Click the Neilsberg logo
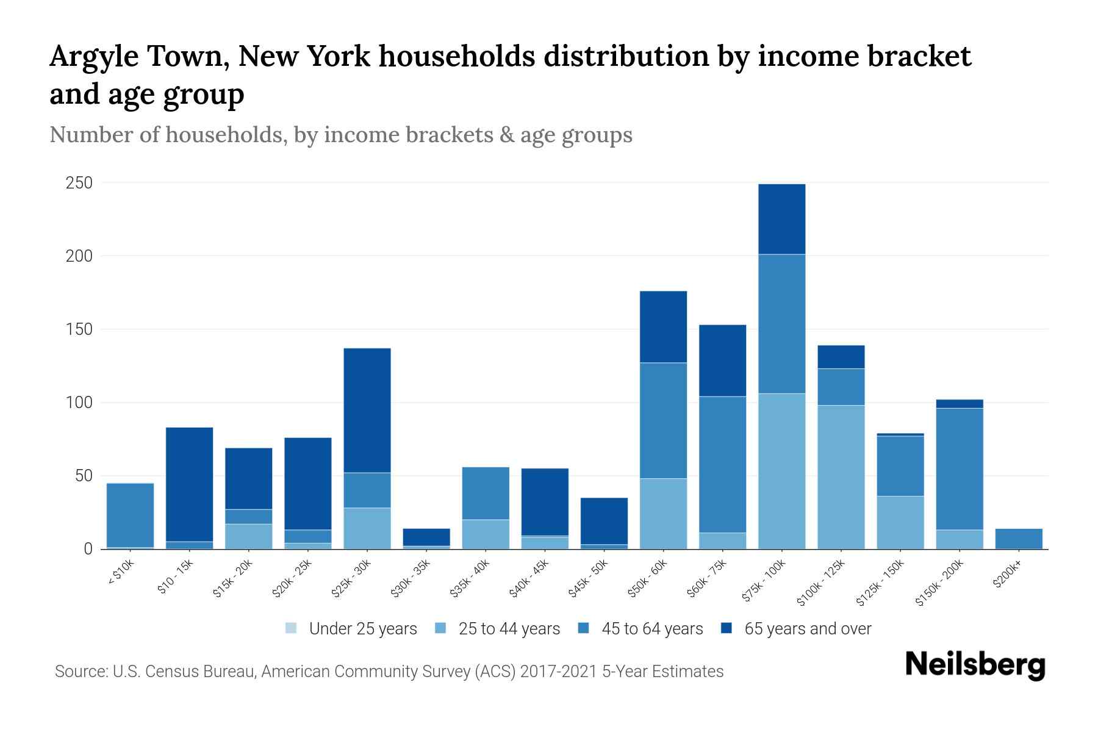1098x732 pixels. (x=975, y=664)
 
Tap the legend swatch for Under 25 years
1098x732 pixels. (x=292, y=628)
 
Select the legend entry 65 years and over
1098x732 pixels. (x=807, y=628)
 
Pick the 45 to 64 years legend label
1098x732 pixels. (x=651, y=628)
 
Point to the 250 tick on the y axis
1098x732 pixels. (x=79, y=183)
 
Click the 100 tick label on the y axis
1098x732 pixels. (x=79, y=403)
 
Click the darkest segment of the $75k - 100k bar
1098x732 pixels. (x=781, y=218)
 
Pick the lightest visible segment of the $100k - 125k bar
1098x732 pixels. (x=841, y=476)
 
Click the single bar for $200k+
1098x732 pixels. (x=1018, y=539)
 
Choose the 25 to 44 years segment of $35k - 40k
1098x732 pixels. (x=486, y=534)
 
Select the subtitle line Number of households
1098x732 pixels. (x=340, y=135)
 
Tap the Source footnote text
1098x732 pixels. (x=389, y=672)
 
